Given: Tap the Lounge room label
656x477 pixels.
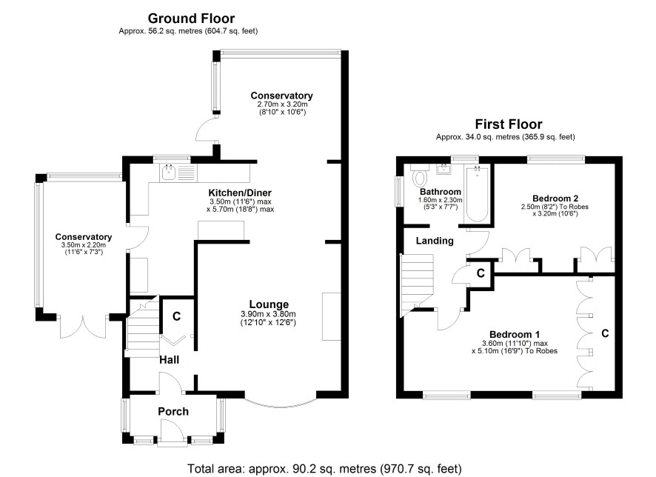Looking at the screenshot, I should (268, 304).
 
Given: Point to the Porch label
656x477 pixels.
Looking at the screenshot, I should (173, 412).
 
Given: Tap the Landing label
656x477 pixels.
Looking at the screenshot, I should (434, 241).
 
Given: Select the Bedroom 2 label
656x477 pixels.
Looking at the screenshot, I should (555, 198).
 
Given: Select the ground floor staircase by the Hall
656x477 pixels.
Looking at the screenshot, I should (144, 326).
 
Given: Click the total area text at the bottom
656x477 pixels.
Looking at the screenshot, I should (325, 468).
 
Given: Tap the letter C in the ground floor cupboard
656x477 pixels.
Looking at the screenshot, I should (176, 316).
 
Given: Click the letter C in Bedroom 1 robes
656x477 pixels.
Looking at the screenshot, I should (605, 333).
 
